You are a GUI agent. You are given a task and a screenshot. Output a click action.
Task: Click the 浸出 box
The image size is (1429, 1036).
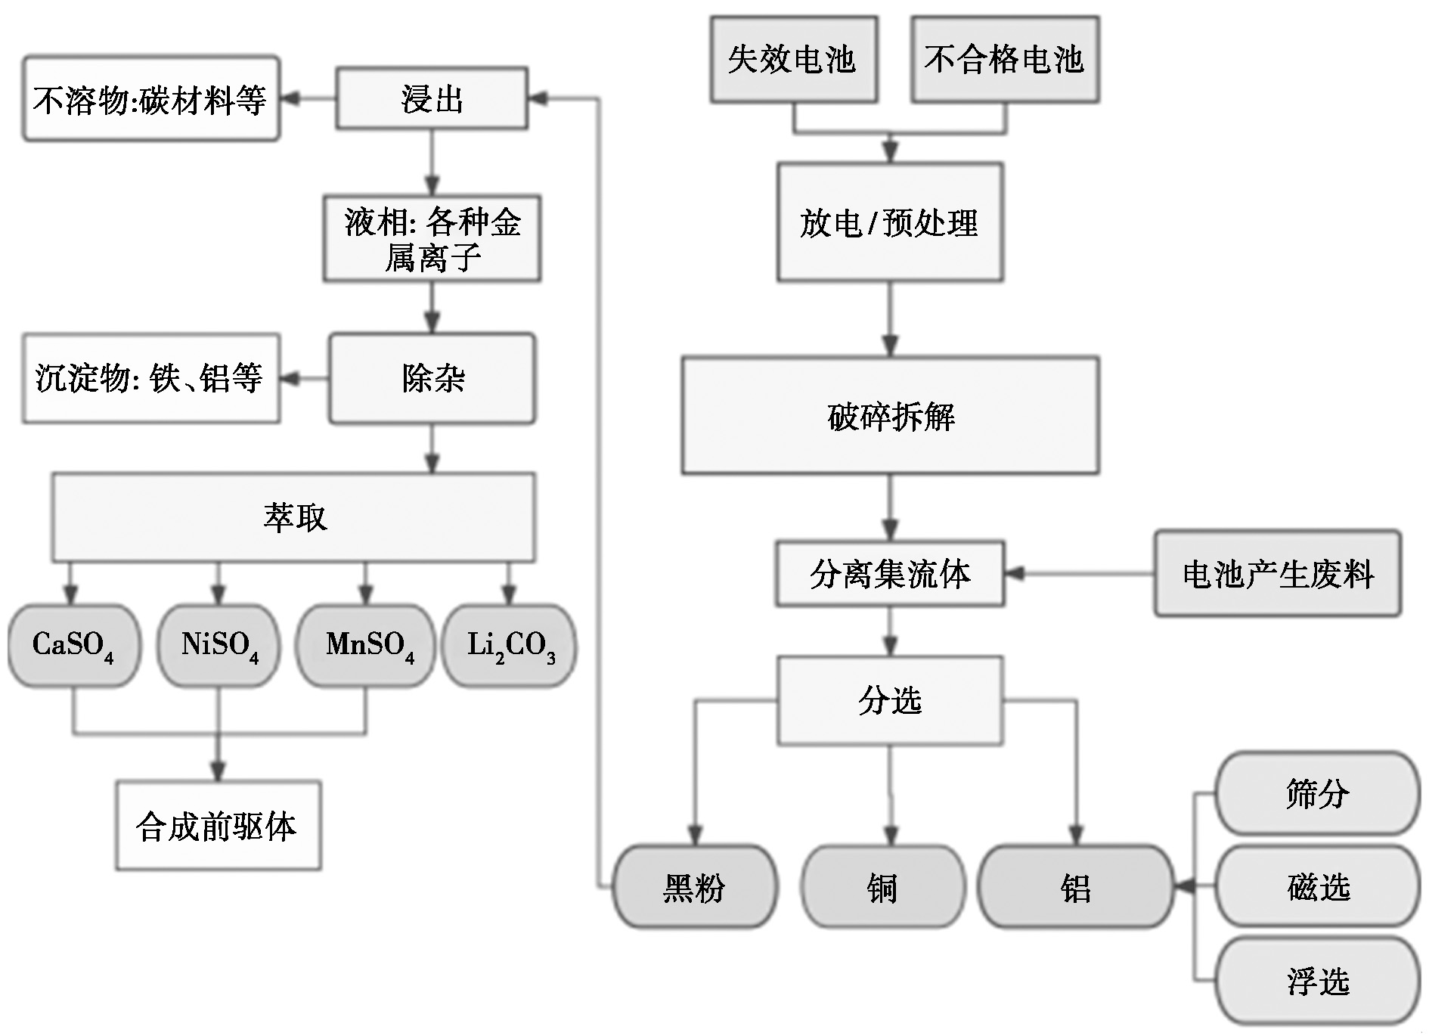click(x=432, y=98)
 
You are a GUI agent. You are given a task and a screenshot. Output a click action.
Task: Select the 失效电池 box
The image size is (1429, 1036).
click(x=793, y=59)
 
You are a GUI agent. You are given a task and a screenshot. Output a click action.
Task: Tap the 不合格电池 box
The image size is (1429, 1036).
click(x=1004, y=59)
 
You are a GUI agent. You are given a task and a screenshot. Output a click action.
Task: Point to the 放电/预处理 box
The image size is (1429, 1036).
click(x=890, y=222)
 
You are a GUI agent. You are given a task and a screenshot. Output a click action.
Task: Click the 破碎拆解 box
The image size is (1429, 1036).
click(x=890, y=416)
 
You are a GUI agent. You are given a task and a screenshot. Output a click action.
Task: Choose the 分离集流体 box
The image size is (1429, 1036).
click(x=890, y=573)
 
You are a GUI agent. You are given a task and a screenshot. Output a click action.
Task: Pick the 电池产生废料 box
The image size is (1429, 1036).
click(x=1277, y=573)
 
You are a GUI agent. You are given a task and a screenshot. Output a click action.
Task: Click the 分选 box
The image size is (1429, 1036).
click(x=890, y=700)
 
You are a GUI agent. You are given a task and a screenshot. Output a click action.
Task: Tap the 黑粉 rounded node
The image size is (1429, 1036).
click(x=694, y=886)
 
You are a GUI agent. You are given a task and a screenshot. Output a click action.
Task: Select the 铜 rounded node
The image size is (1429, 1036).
click(x=883, y=886)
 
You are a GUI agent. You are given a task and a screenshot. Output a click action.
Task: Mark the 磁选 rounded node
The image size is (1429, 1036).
click(x=1318, y=886)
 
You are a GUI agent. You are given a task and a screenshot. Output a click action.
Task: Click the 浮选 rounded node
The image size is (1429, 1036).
click(x=1318, y=980)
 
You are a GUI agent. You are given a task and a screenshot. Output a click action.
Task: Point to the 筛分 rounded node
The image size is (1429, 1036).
click(x=1318, y=793)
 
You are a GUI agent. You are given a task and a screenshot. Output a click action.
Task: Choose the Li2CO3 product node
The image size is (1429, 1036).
click(x=510, y=646)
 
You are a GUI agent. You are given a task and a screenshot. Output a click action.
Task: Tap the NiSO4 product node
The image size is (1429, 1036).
click(x=219, y=646)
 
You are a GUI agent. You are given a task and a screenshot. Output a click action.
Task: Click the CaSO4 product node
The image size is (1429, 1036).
click(x=73, y=646)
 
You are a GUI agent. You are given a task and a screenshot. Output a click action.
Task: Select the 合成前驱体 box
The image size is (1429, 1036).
click(x=218, y=826)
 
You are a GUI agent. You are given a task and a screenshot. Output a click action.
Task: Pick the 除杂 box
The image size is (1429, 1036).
click(x=432, y=378)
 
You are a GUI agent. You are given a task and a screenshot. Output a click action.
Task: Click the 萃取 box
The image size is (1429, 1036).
click(x=294, y=517)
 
